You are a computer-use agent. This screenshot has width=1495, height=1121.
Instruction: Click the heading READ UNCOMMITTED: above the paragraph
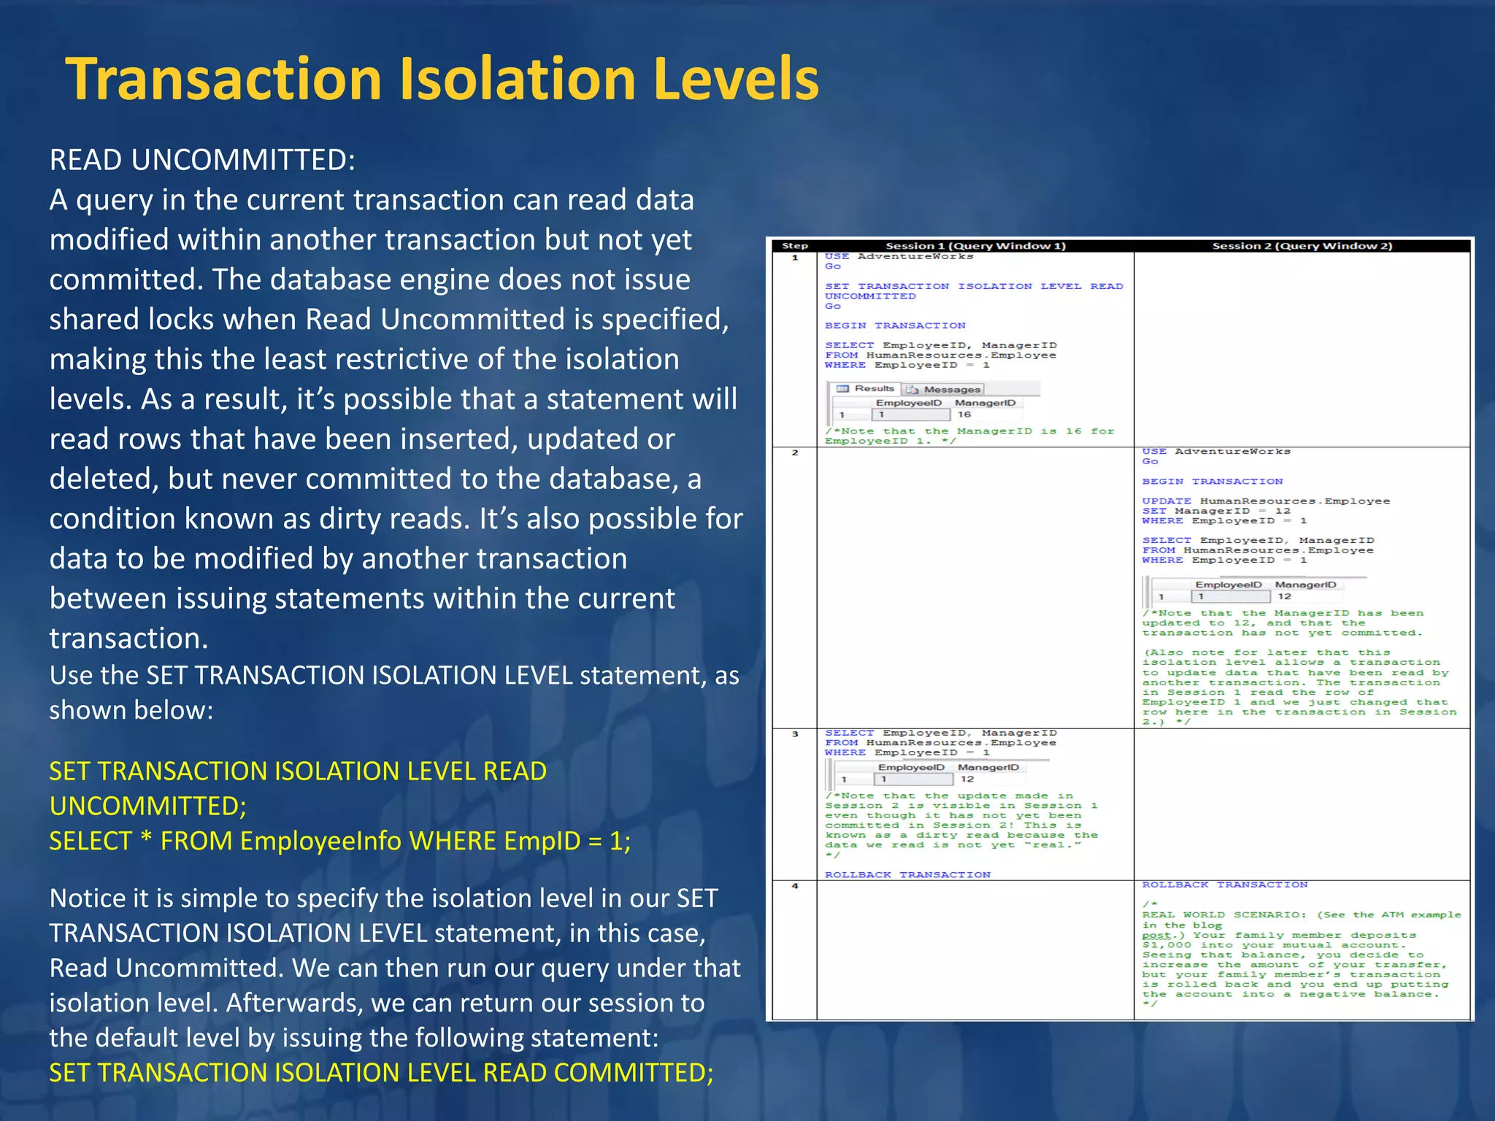tap(202, 160)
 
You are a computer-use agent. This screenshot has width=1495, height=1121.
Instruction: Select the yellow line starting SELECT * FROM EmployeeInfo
tap(339, 841)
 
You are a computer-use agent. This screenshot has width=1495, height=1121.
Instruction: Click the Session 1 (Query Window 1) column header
tap(975, 246)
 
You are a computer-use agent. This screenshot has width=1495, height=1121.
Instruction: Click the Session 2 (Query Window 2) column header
tap(1302, 246)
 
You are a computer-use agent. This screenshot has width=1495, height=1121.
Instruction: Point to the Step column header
tap(795, 246)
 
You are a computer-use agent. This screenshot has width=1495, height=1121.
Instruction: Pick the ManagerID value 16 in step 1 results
tap(964, 415)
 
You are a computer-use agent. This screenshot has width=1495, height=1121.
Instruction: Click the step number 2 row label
tap(795, 453)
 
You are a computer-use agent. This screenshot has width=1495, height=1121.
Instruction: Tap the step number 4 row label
tap(795, 886)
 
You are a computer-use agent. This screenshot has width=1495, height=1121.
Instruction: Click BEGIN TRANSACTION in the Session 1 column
tap(895, 325)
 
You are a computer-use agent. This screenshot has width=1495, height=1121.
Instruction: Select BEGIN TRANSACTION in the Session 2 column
tap(1212, 482)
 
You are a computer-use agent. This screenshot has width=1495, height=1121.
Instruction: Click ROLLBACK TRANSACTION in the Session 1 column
tap(907, 874)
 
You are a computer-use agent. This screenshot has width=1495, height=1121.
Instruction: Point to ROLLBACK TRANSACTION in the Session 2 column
tap(1225, 885)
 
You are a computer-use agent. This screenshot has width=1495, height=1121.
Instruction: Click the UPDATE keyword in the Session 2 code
tap(1167, 501)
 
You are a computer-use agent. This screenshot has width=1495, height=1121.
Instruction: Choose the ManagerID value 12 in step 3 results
tap(967, 779)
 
